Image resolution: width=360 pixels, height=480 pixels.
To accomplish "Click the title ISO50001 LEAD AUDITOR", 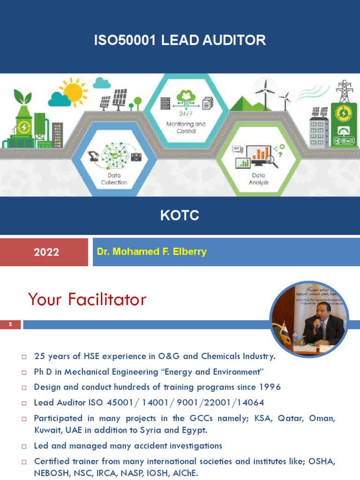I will (x=180, y=40).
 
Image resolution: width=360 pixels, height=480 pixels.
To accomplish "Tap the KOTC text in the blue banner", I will (x=180, y=216).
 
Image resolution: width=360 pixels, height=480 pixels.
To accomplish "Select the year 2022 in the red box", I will (x=46, y=252).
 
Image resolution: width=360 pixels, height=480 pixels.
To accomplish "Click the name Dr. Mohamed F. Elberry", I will (x=151, y=252).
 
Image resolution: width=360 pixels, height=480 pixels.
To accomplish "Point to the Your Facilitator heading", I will (x=87, y=299).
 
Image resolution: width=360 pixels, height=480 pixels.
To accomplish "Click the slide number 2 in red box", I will (x=10, y=324).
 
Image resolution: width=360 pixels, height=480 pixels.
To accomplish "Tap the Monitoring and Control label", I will (x=186, y=127).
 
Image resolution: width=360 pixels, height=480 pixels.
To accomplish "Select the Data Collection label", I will (x=114, y=179).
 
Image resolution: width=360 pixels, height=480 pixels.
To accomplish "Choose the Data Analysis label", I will (x=258, y=179).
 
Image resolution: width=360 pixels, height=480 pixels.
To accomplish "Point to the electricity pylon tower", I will (x=344, y=92).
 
